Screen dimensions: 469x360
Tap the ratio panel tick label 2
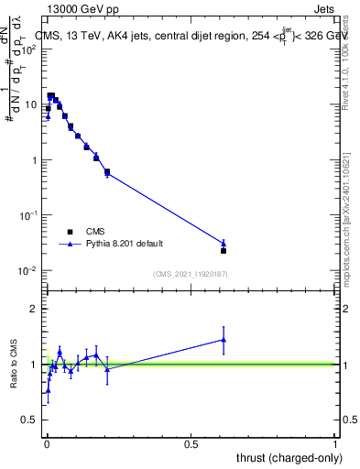(x=35, y=309)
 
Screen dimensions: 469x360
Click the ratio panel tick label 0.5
(x=31, y=420)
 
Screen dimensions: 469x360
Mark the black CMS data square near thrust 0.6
(x=224, y=250)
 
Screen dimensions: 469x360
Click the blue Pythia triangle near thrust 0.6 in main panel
(x=224, y=243)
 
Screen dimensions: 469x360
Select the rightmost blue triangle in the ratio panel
(x=224, y=339)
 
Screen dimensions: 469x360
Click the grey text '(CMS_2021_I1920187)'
(x=190, y=274)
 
